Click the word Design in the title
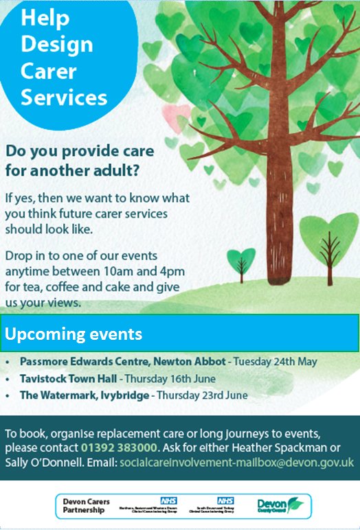[56, 45]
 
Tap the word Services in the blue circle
[64, 97]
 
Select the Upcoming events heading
[74, 334]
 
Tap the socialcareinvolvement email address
[237, 463]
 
